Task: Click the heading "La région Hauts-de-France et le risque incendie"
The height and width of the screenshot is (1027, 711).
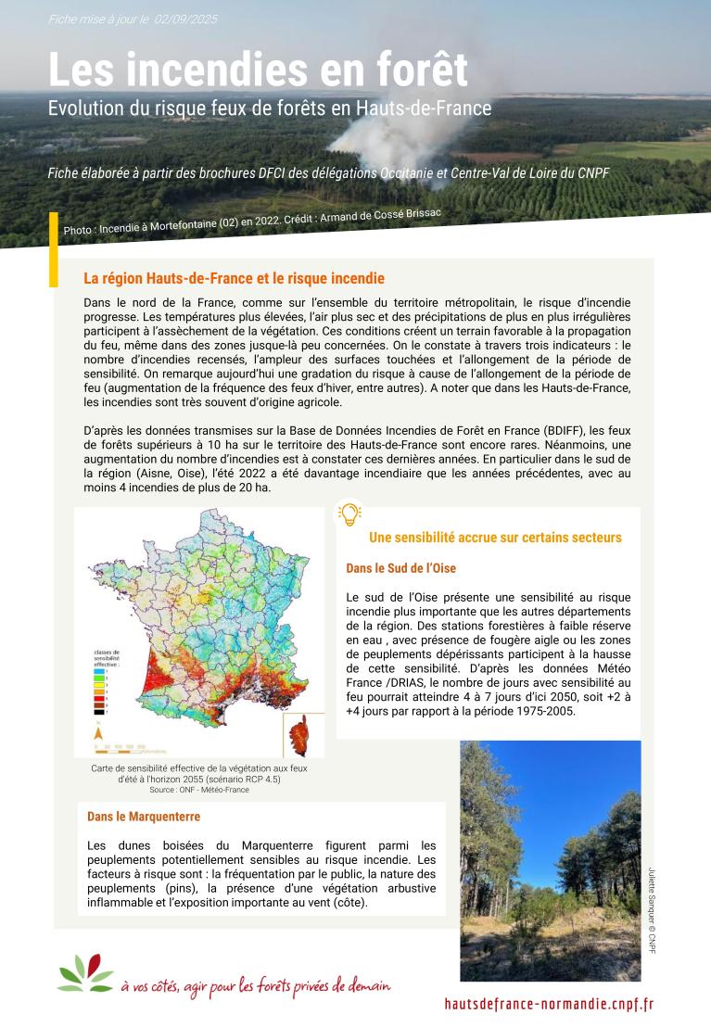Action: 234,278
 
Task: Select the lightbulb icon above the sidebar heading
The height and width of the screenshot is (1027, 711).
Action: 349,513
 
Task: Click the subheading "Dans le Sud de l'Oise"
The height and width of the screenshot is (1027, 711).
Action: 400,568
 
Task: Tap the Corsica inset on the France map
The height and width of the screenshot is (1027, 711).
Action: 298,735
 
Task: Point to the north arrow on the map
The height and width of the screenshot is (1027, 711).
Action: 97,732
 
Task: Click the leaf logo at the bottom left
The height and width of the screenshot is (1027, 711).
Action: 86,974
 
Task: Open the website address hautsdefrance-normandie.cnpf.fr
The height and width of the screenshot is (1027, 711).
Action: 549,1003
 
